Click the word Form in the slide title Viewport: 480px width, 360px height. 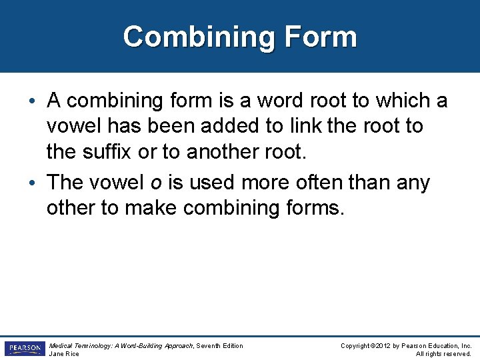[x=323, y=37]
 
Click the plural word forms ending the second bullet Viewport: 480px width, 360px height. [x=313, y=207]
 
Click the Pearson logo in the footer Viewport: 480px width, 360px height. [x=24, y=349]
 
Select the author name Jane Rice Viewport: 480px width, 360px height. [x=64, y=354]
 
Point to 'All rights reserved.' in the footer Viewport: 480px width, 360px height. [x=443, y=354]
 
